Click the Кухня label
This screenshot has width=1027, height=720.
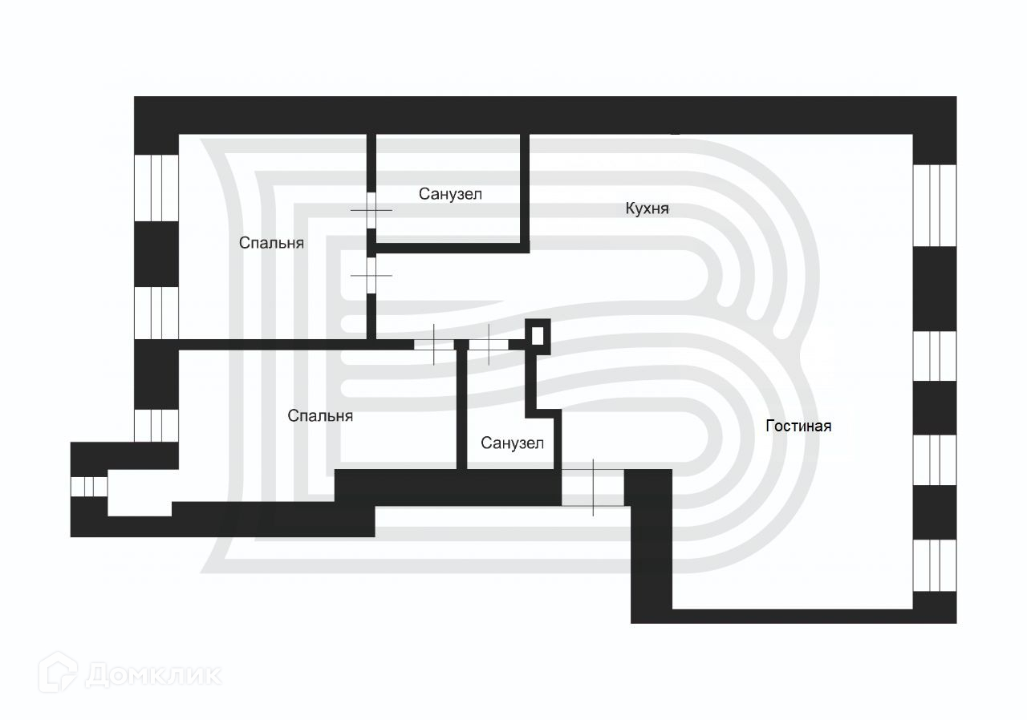tap(647, 208)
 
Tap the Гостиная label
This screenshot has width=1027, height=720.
tap(798, 426)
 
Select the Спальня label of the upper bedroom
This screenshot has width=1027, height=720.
tap(271, 242)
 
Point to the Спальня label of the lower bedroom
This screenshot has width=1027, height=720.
tap(320, 416)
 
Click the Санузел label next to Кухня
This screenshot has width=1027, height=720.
tap(450, 193)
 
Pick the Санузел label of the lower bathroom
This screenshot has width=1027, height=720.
tap(512, 443)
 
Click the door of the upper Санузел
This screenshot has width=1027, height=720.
tap(371, 210)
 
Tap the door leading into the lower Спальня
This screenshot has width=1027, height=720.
tap(434, 345)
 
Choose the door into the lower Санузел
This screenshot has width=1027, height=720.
tap(489, 345)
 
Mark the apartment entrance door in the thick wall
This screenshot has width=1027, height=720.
tap(593, 487)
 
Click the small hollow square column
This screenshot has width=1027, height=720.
tap(538, 334)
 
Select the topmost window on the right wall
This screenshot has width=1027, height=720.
tap(935, 204)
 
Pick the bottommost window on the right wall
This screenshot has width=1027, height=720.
tap(935, 565)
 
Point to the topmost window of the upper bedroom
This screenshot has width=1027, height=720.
tap(156, 186)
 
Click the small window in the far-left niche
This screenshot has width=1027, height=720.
tap(89, 487)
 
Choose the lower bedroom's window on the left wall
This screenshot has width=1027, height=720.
tap(156, 425)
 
